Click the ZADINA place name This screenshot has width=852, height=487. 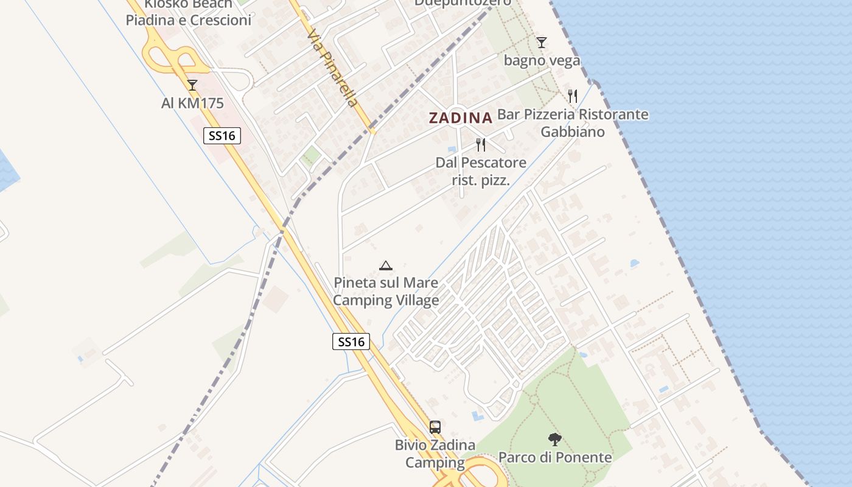[460, 118]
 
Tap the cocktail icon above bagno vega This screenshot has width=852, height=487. [542, 43]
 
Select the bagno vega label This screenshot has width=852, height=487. [542, 61]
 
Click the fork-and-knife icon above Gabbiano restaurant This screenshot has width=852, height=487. [572, 96]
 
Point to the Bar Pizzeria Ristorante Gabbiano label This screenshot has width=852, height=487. [573, 123]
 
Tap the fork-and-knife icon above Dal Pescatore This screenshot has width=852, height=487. [481, 145]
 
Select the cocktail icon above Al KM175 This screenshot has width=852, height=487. [192, 85]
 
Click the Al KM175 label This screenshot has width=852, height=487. [192, 103]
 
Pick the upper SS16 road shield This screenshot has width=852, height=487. [222, 136]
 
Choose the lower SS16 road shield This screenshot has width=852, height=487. [351, 342]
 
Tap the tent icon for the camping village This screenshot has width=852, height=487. [385, 265]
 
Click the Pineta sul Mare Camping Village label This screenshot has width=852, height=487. [386, 292]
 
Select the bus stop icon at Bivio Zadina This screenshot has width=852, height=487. [435, 427]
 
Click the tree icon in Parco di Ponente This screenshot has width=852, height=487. [554, 439]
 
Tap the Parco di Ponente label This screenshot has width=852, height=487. [555, 457]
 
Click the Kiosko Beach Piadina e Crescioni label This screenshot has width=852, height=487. [188, 13]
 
